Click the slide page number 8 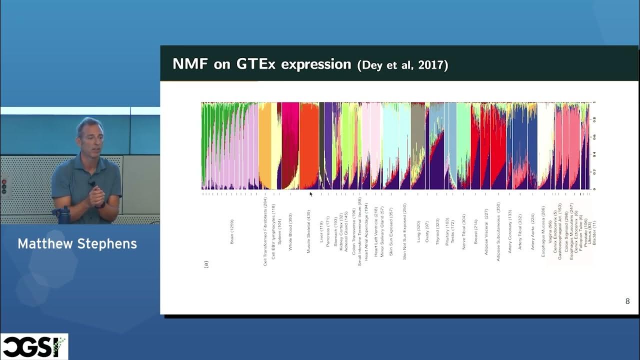click(x=627, y=301)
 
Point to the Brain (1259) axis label click(x=232, y=231)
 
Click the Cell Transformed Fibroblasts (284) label click(x=265, y=231)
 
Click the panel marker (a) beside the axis click(x=205, y=263)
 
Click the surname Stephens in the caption click(x=107, y=244)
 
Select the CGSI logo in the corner click(x=33, y=346)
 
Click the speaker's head click(x=90, y=134)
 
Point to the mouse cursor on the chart click(x=311, y=194)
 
